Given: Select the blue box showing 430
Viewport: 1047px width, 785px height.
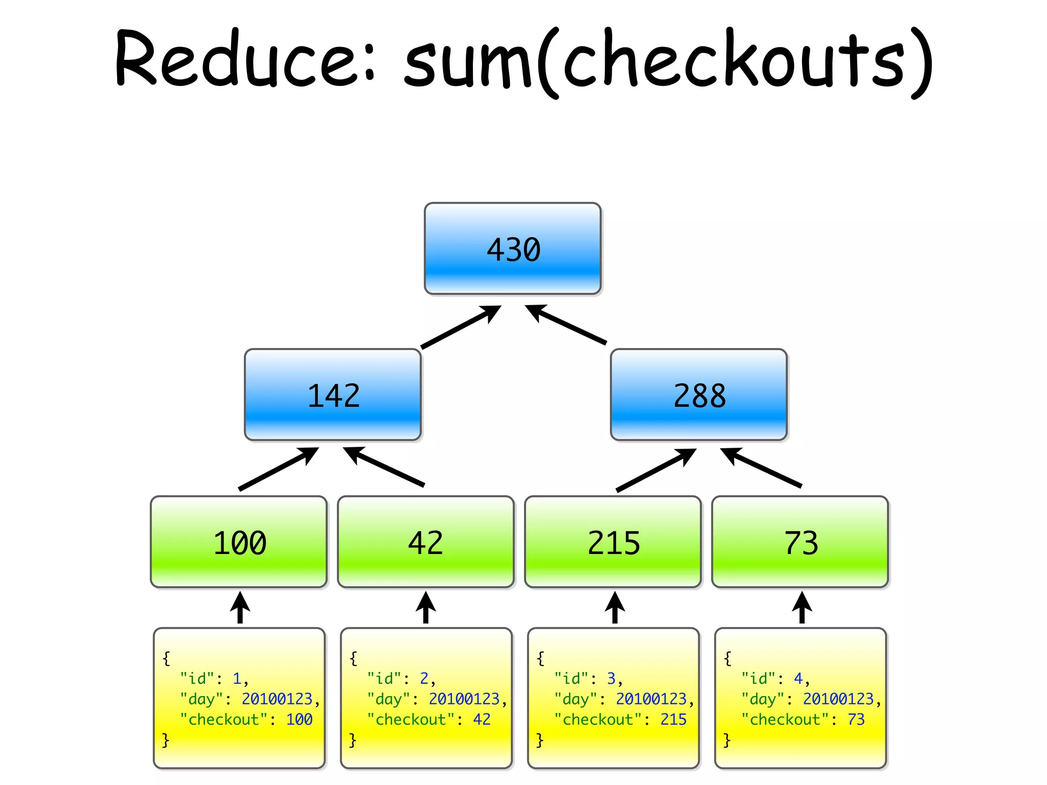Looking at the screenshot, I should [x=512, y=249].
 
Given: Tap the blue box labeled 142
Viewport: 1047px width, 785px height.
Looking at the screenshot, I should [x=333, y=395].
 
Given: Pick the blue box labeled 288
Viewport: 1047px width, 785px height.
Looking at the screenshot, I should [x=698, y=395].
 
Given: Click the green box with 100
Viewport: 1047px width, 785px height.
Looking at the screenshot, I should [x=239, y=542].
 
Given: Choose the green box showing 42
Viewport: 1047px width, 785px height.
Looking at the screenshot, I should [x=425, y=542].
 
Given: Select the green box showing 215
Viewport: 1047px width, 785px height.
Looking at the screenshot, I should [x=613, y=542].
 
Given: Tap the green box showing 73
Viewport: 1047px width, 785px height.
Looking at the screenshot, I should [x=800, y=542].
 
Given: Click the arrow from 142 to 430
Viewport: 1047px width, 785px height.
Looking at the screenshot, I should [x=460, y=327].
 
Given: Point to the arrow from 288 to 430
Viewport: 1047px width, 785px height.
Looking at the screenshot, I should [x=565, y=325].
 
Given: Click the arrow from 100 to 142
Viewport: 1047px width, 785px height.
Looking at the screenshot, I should [x=278, y=469].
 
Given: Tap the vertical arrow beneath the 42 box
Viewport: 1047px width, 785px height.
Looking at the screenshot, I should [x=425, y=608].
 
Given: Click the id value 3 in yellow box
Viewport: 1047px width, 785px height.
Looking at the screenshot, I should [x=611, y=679].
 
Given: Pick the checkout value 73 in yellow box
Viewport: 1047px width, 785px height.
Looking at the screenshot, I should [x=856, y=720].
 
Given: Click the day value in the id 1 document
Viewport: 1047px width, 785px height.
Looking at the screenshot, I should [x=277, y=699].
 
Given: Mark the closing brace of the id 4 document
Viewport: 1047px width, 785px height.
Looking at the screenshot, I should [x=727, y=740].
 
